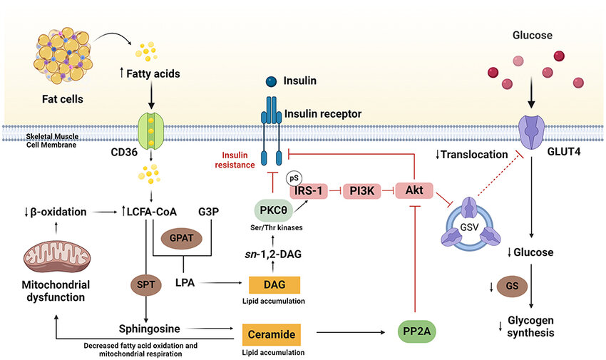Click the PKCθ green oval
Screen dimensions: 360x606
tap(272, 212)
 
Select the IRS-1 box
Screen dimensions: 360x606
tap(311, 191)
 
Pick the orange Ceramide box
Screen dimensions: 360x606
tap(271, 332)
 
